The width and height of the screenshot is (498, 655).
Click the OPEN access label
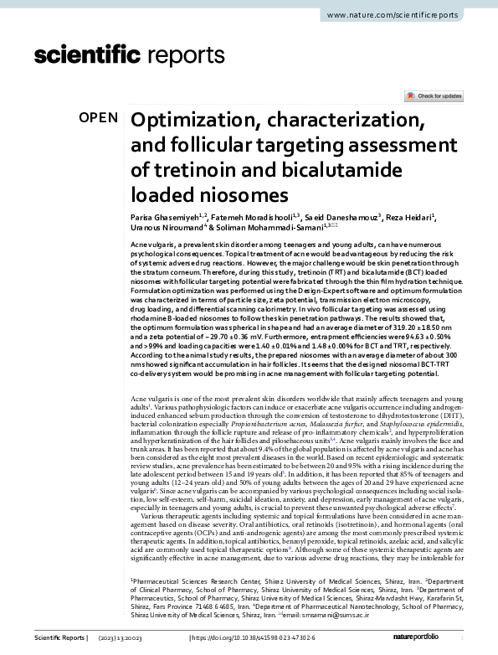click(98, 118)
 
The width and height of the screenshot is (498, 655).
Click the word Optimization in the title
click(193, 120)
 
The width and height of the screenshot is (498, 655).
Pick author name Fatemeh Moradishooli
click(238, 218)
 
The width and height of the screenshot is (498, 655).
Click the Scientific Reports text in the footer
click(59, 639)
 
